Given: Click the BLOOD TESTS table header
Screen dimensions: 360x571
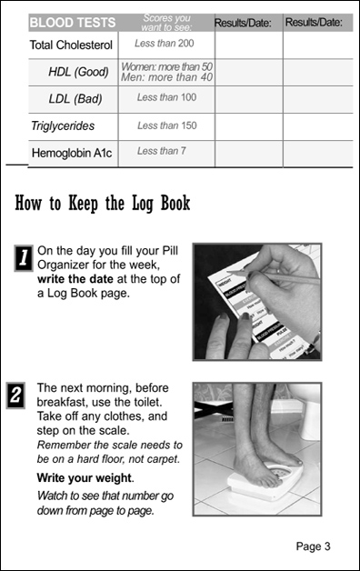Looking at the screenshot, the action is coord(73,23).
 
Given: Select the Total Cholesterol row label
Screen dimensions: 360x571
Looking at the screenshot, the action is coord(71,45).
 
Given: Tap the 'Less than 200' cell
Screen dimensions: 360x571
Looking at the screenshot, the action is coord(165,44).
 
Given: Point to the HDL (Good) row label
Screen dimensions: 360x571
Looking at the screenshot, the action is coord(78,72).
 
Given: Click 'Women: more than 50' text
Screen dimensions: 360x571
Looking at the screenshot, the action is coord(166,66).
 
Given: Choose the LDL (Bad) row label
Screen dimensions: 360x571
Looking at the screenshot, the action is coord(75,99).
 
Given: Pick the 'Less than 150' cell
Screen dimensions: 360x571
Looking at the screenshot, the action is coord(167,125).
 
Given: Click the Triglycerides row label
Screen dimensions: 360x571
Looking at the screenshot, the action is coord(63,126).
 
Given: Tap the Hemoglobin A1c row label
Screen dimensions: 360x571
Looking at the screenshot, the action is coord(72,153).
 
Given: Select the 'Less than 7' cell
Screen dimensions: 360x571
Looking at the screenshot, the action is coord(162,151).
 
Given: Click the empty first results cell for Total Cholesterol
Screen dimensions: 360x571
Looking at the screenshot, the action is coord(249,45).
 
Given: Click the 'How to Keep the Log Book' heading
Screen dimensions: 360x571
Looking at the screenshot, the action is coord(103,203).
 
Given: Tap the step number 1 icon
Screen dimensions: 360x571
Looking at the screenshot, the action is coord(24,258).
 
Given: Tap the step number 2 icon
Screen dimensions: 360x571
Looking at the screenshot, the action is coord(15,396).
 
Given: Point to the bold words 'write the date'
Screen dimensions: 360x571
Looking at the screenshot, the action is coord(75,279).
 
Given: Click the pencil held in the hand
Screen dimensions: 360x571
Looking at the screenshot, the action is coord(274,275).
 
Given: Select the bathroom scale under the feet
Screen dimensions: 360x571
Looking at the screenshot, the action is coord(265,481).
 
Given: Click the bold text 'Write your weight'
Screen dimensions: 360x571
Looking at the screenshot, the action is coord(84,477).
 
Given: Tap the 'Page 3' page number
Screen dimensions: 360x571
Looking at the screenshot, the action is coord(313,546).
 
